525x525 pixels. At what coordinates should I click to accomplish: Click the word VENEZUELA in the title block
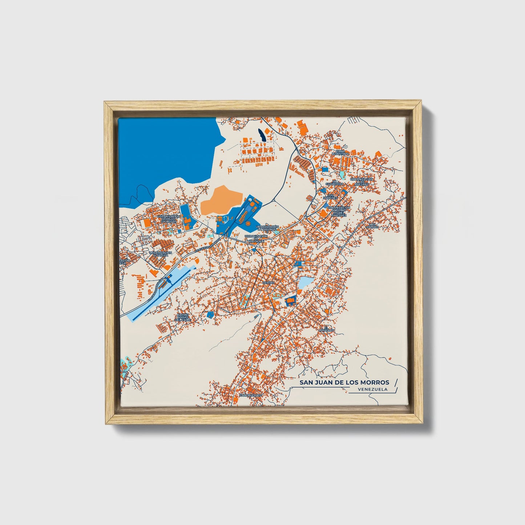tap(372, 389)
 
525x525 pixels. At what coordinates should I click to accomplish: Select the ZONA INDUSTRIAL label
tap(340, 152)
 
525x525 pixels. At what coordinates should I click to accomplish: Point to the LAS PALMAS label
tap(373, 226)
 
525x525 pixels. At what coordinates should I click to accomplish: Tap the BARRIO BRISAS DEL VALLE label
tap(183, 317)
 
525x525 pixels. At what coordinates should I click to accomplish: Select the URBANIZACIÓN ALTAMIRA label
tap(160, 254)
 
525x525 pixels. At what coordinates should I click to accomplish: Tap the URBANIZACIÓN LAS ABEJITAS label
tap(362, 182)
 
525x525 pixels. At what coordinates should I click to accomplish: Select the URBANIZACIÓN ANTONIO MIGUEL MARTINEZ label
tap(339, 211)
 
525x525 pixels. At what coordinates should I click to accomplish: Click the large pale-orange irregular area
tap(221, 202)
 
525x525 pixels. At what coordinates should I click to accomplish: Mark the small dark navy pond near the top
tap(262, 135)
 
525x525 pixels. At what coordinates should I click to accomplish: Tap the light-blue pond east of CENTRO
tap(306, 282)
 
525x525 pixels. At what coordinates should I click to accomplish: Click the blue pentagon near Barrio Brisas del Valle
tap(210, 315)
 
